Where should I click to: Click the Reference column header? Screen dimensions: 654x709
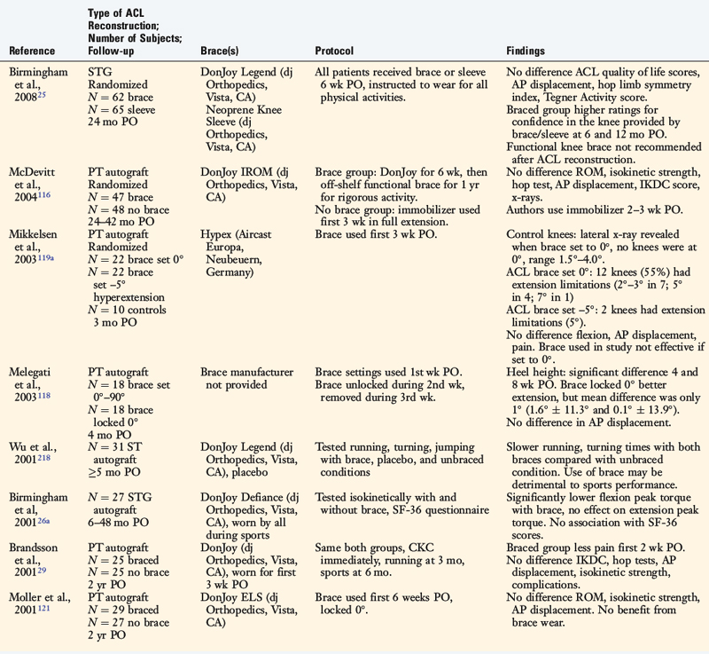click(32, 51)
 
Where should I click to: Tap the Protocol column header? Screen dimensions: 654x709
click(337, 51)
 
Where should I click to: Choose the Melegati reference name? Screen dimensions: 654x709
click(32, 376)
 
